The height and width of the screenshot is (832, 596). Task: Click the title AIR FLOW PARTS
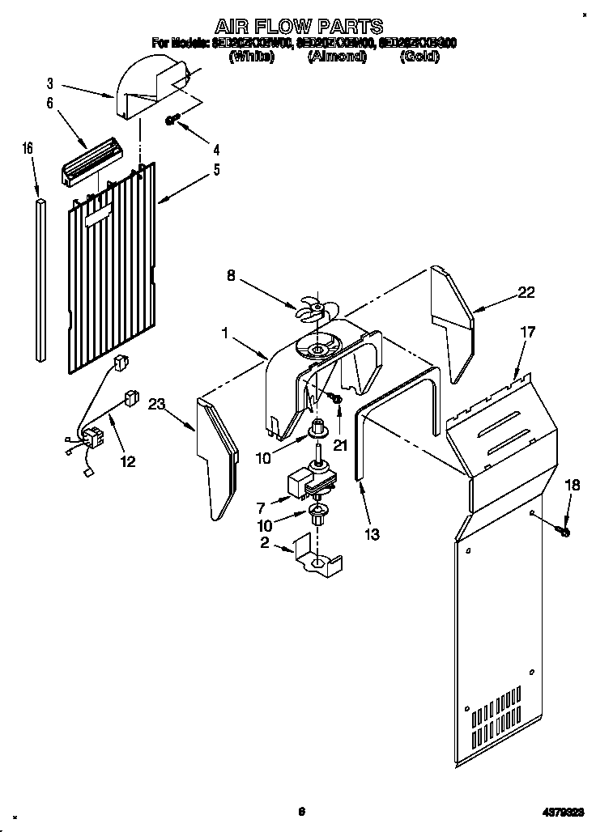(299, 26)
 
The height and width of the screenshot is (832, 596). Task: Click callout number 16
(28, 148)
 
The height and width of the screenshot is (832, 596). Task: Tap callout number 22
(526, 293)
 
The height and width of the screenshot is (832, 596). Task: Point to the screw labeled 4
(172, 121)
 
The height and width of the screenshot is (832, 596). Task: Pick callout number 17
(527, 331)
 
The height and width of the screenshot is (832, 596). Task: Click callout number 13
(372, 533)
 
